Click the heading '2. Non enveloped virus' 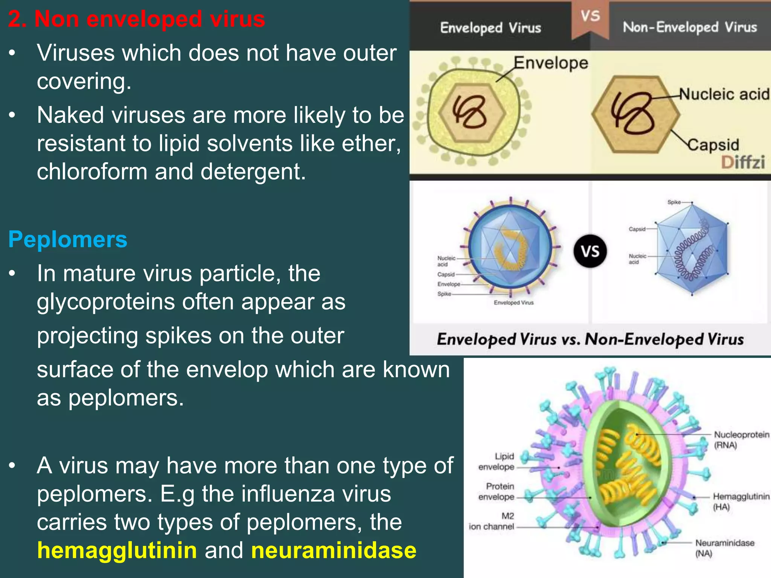tap(136, 19)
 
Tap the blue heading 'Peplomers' tap(68, 239)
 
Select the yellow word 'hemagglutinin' tap(117, 550)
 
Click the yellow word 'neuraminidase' tap(334, 550)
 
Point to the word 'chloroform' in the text tap(92, 172)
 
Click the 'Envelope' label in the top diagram tap(551, 62)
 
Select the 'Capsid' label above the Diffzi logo tap(713, 145)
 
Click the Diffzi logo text tap(743, 163)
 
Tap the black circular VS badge tap(590, 251)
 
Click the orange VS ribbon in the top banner tap(590, 17)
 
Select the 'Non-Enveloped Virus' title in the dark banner tap(690, 27)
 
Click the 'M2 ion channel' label tap(492, 521)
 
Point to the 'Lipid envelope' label tap(497, 461)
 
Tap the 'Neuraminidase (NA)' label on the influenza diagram tap(724, 548)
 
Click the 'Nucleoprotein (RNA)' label tap(741, 440)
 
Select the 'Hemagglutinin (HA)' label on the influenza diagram tap(741, 501)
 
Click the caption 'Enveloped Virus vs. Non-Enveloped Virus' tap(590, 339)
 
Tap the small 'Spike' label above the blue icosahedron tap(674, 202)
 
